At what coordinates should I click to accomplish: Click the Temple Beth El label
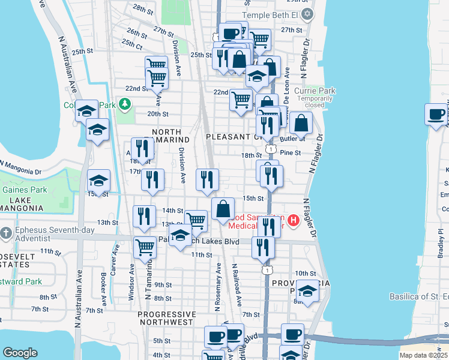tap(274, 13)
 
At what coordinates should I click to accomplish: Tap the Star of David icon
tap(308, 13)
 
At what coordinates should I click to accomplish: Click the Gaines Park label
tap(16, 190)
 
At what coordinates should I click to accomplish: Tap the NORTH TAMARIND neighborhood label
tap(170, 136)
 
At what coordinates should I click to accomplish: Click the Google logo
tap(20, 353)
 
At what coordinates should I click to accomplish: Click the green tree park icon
tap(125, 105)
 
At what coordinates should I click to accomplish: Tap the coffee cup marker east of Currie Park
tap(436, 114)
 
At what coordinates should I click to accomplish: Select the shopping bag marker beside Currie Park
tap(301, 122)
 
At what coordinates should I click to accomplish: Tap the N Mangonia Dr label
tap(20, 167)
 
